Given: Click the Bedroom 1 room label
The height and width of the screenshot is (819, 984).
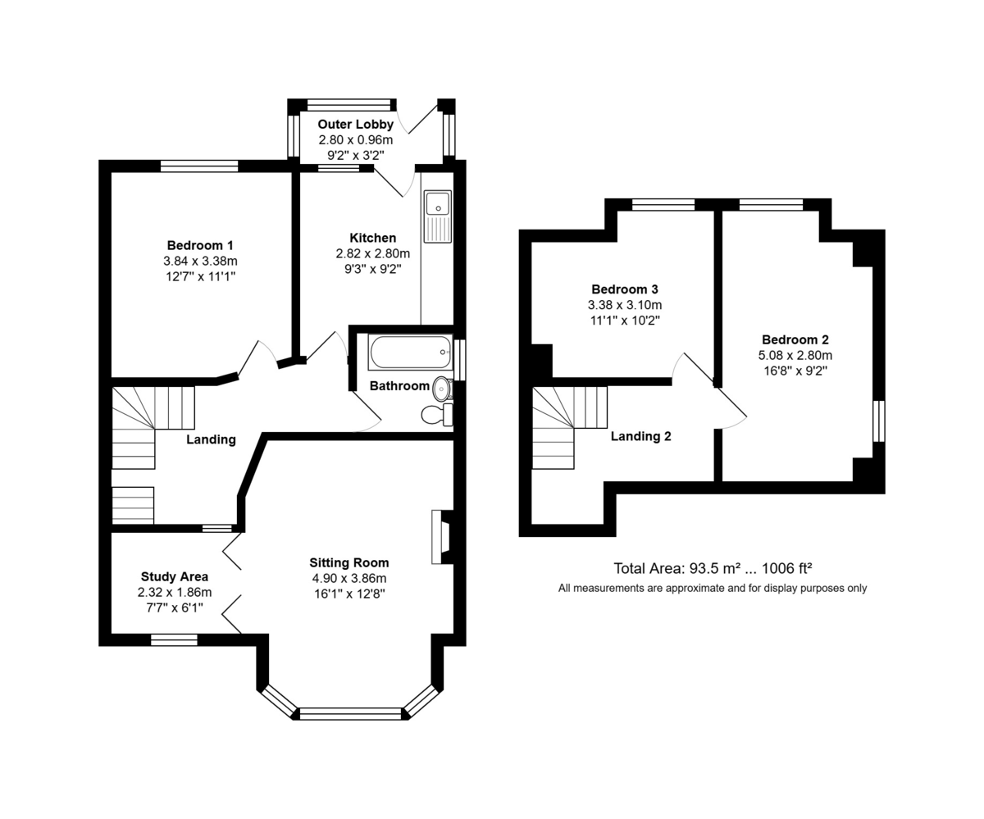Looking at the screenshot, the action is tap(200, 245).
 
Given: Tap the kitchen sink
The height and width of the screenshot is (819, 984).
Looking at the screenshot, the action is tap(437, 216).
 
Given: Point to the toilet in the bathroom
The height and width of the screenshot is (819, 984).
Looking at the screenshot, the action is tap(437, 415).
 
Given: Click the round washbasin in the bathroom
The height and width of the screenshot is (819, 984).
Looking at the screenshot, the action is tap(443, 389).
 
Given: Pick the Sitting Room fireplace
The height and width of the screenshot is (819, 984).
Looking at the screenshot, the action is tap(442, 537).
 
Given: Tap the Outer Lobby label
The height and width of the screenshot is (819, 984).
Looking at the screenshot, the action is tap(355, 124).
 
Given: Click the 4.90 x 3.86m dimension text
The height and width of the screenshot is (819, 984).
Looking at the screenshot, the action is tap(349, 578).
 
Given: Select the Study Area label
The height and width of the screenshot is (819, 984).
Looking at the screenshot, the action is tap(175, 576).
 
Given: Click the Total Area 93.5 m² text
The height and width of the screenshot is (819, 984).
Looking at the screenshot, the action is tap(713, 568).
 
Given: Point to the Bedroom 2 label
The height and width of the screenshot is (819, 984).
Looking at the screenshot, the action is tap(795, 339).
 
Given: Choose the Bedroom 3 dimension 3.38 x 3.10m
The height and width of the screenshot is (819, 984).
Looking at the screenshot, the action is tap(625, 305).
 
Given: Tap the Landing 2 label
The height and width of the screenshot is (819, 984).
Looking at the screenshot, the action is tap(640, 436).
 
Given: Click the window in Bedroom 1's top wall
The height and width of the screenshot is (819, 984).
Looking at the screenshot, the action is tap(199, 166).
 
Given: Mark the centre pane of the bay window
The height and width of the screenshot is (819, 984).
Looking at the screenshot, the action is tap(350, 713).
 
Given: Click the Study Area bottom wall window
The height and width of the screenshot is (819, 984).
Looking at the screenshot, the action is tap(174, 639).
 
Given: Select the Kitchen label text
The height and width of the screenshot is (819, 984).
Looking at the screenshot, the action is tap(373, 238).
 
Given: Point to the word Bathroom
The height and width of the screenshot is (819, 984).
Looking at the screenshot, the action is tap(399, 386).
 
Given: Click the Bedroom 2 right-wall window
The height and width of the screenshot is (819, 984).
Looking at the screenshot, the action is tap(879, 421).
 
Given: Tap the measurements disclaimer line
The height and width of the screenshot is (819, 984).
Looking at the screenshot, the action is tap(713, 588).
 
